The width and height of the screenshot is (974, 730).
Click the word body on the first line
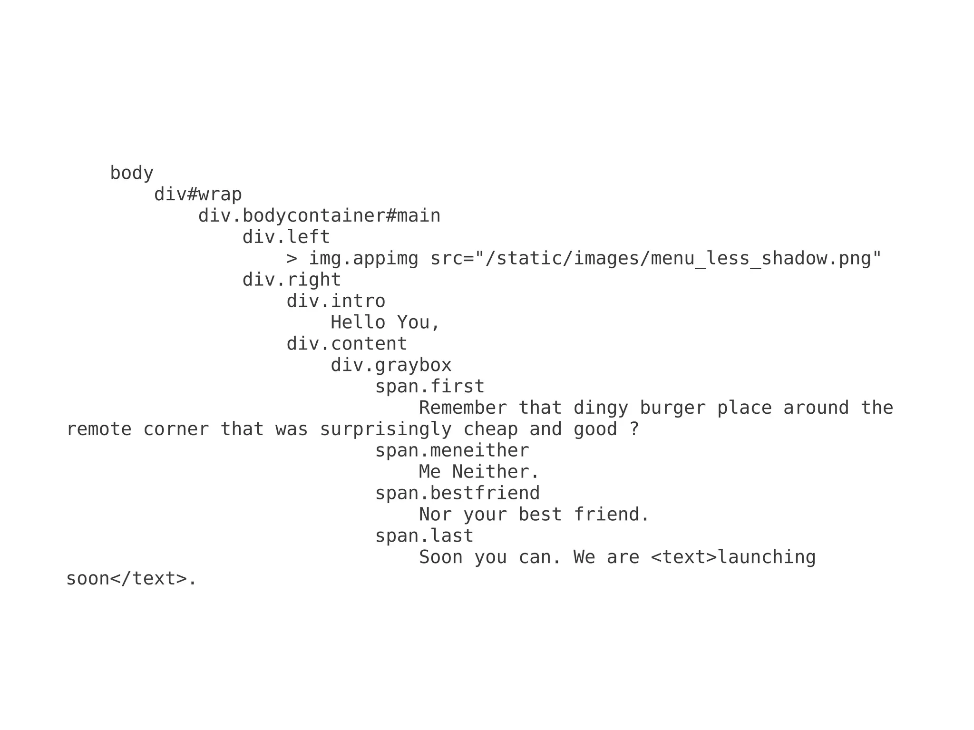click(x=132, y=173)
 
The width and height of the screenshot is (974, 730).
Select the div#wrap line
click(x=198, y=195)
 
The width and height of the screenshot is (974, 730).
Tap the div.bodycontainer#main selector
click(x=319, y=216)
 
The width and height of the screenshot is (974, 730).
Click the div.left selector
click(x=286, y=237)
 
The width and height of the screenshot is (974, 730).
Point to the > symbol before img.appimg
click(x=292, y=259)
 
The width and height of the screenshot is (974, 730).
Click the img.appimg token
click(x=363, y=259)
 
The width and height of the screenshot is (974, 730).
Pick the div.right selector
click(x=292, y=280)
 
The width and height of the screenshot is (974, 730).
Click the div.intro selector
click(x=336, y=301)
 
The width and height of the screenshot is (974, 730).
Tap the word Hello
click(x=358, y=322)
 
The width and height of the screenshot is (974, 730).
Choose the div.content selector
click(x=347, y=344)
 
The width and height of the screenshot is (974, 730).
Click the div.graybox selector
click(x=391, y=365)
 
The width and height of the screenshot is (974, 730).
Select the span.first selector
click(x=429, y=387)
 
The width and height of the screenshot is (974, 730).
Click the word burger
click(x=672, y=408)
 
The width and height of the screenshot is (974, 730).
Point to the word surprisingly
click(x=385, y=429)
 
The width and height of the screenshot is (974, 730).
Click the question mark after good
click(x=634, y=429)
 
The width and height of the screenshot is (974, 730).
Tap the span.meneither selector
click(x=452, y=451)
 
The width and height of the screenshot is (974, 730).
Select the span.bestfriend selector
click(x=458, y=493)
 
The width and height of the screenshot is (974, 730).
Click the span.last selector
click(x=424, y=536)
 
